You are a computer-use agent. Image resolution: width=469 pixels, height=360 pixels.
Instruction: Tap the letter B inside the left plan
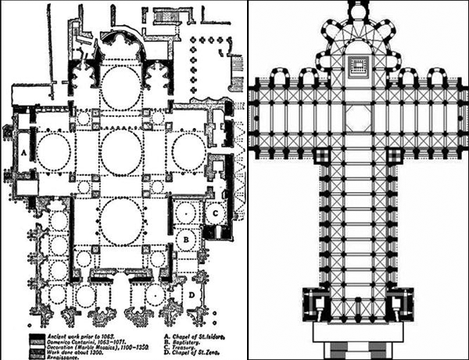[188, 232]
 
